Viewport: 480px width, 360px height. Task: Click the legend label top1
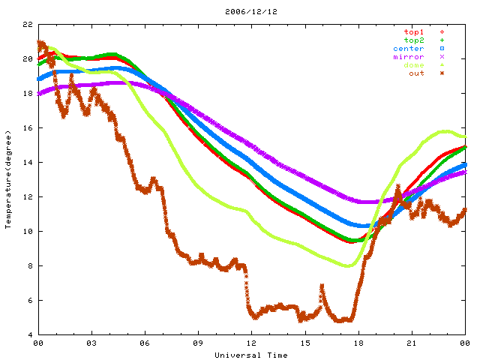413,32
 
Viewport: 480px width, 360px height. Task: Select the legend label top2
413,40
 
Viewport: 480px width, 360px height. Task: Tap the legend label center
408,49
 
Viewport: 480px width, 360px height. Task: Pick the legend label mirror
408,57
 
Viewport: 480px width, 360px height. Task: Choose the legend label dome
413,65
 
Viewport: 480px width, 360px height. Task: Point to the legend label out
416,73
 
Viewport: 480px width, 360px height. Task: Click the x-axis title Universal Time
250,355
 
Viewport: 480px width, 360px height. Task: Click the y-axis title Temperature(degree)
9,179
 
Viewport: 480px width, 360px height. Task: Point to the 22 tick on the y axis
28,25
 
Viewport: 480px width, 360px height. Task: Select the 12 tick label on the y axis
28,197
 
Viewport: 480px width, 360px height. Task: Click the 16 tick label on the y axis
28,128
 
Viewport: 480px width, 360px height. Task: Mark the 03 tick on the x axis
91,343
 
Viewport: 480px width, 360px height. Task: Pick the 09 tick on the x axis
198,343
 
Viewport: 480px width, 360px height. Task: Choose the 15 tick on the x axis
304,343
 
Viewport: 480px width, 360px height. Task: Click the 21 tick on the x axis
411,343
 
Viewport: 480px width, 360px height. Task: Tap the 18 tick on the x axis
358,343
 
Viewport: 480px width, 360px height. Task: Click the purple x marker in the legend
442,57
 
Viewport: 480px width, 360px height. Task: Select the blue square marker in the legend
442,49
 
